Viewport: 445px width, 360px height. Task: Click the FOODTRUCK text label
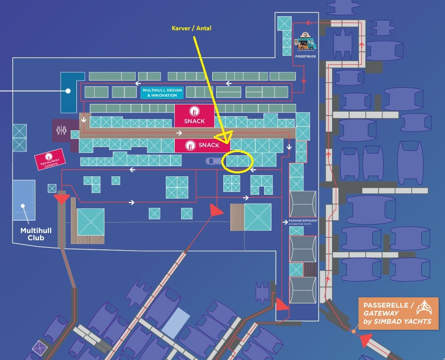(x=306, y=56)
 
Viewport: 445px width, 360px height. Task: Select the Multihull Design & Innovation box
(x=162, y=93)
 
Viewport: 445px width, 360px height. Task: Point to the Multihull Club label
(x=36, y=234)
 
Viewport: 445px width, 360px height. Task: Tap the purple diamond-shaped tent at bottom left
(x=40, y=348)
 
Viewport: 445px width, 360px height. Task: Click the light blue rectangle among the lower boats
(x=176, y=322)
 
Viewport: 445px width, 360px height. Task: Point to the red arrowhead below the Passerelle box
(x=366, y=340)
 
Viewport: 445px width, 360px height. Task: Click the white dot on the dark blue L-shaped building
(x=68, y=91)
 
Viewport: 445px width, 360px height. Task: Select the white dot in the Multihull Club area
(x=23, y=206)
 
